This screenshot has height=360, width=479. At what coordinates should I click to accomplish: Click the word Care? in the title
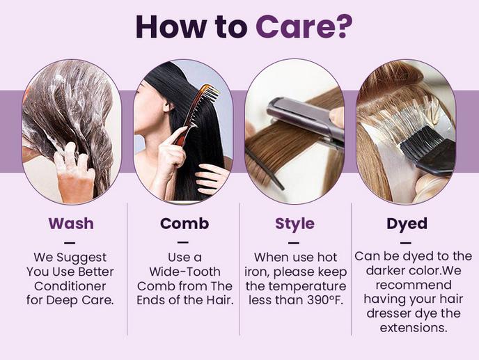[x=304, y=26]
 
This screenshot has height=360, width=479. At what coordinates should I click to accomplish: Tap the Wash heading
[x=70, y=224]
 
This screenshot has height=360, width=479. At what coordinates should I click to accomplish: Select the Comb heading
[x=184, y=224]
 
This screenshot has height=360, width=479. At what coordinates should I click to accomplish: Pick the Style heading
[x=295, y=224]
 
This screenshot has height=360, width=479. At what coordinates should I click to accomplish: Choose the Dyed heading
[x=407, y=224]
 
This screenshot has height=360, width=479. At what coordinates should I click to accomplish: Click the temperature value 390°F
[x=322, y=300]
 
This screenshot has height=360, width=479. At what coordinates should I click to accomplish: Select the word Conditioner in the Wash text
[x=70, y=286]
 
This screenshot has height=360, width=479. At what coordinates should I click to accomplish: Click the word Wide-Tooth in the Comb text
[x=184, y=272]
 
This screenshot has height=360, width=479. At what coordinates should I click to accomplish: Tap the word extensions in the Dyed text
[x=413, y=327]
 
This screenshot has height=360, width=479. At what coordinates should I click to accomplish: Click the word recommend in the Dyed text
[x=413, y=285]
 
